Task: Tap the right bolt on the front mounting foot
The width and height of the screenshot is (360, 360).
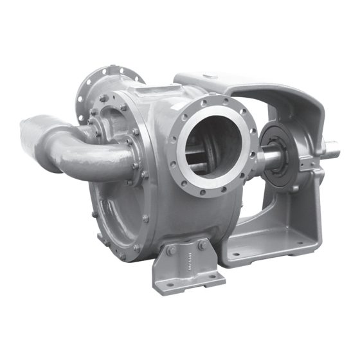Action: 203,245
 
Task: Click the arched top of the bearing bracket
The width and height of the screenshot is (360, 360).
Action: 251,87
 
